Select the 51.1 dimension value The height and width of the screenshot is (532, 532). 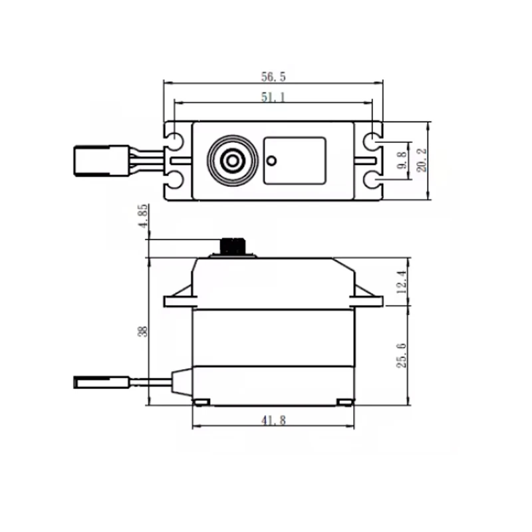(x=273, y=97)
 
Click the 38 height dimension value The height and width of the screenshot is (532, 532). (x=142, y=331)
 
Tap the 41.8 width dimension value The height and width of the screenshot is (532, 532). (x=273, y=421)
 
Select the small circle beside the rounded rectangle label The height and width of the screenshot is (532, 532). (x=271, y=160)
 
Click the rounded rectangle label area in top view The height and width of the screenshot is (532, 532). (x=295, y=160)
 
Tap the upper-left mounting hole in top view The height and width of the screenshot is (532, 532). (x=174, y=142)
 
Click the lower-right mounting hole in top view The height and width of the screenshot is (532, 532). (x=373, y=180)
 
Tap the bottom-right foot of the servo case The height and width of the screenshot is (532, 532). (x=344, y=402)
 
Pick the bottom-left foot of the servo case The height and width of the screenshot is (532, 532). (x=201, y=402)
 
